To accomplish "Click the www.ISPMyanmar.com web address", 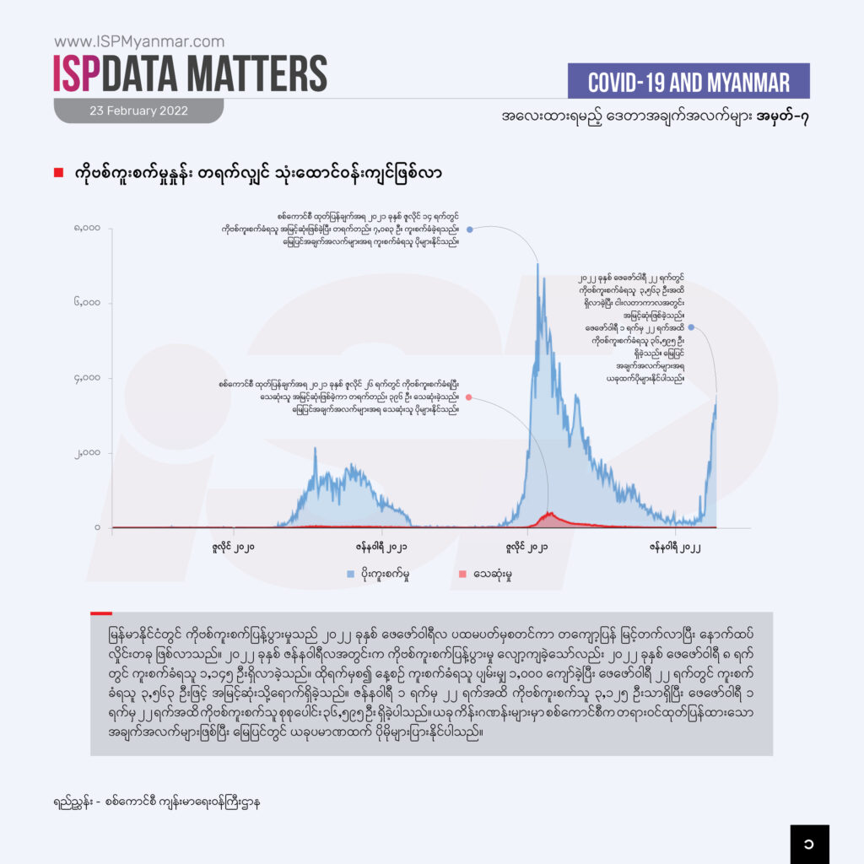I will coord(139,41).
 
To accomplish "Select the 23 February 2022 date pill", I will coord(138,111).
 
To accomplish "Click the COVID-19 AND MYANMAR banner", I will coord(688,82).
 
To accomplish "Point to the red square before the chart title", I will coord(58,173).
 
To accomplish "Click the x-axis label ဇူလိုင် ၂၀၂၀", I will coord(234,548).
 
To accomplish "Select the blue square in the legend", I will coord(350,575).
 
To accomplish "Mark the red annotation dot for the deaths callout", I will coord(468,397).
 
